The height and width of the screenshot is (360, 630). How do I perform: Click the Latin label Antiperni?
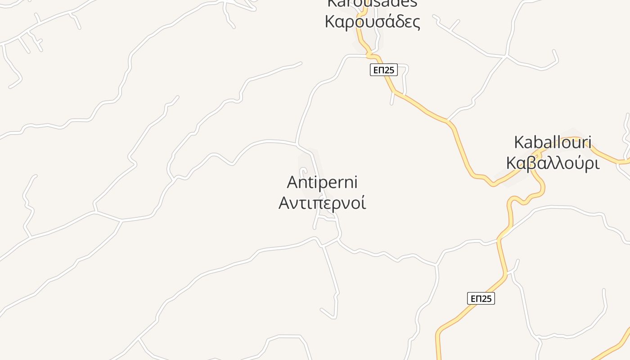pyautogui.click(x=322, y=183)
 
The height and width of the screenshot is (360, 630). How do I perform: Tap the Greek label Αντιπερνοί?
pyautogui.click(x=322, y=202)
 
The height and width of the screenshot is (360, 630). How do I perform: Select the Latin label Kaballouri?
pyautogui.click(x=553, y=143)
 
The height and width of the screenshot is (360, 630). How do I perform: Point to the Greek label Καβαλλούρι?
pyautogui.click(x=553, y=163)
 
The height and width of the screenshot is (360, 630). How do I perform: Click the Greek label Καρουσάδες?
pyautogui.click(x=373, y=22)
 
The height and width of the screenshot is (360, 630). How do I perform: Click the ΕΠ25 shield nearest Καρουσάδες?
pyautogui.click(x=384, y=70)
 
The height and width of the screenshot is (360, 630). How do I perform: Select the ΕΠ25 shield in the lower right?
pyautogui.click(x=481, y=298)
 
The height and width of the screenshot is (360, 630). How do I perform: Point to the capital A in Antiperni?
pyautogui.click(x=293, y=183)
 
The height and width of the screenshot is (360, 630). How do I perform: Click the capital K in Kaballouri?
pyautogui.click(x=519, y=143)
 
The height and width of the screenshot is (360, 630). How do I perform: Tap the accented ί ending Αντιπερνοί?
pyautogui.click(x=363, y=202)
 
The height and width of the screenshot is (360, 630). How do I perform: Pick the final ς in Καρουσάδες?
pyautogui.click(x=416, y=22)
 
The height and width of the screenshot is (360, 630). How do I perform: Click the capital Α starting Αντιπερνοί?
pyautogui.click(x=285, y=202)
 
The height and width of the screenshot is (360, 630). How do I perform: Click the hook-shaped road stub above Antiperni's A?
pyautogui.click(x=303, y=172)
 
